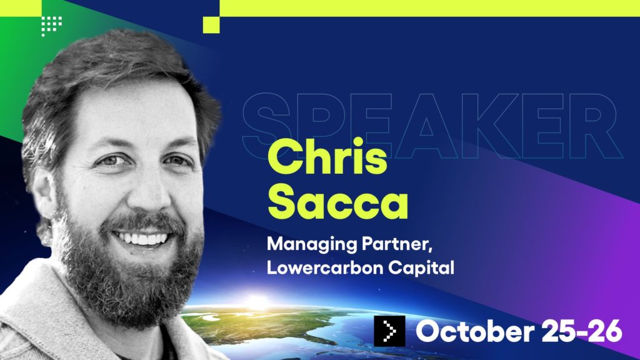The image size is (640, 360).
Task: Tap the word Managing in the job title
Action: coord(298,245)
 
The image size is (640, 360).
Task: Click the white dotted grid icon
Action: coord(51,25)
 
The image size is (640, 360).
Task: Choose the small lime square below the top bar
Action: coord(211,24)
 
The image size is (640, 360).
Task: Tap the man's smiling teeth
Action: coord(143,238)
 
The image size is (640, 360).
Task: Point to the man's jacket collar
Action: coord(37,300)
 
